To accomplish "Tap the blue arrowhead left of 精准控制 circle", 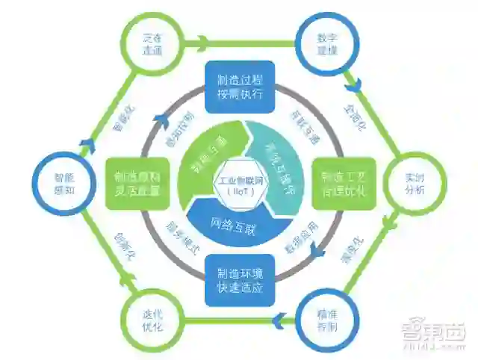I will [x=277, y=321].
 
